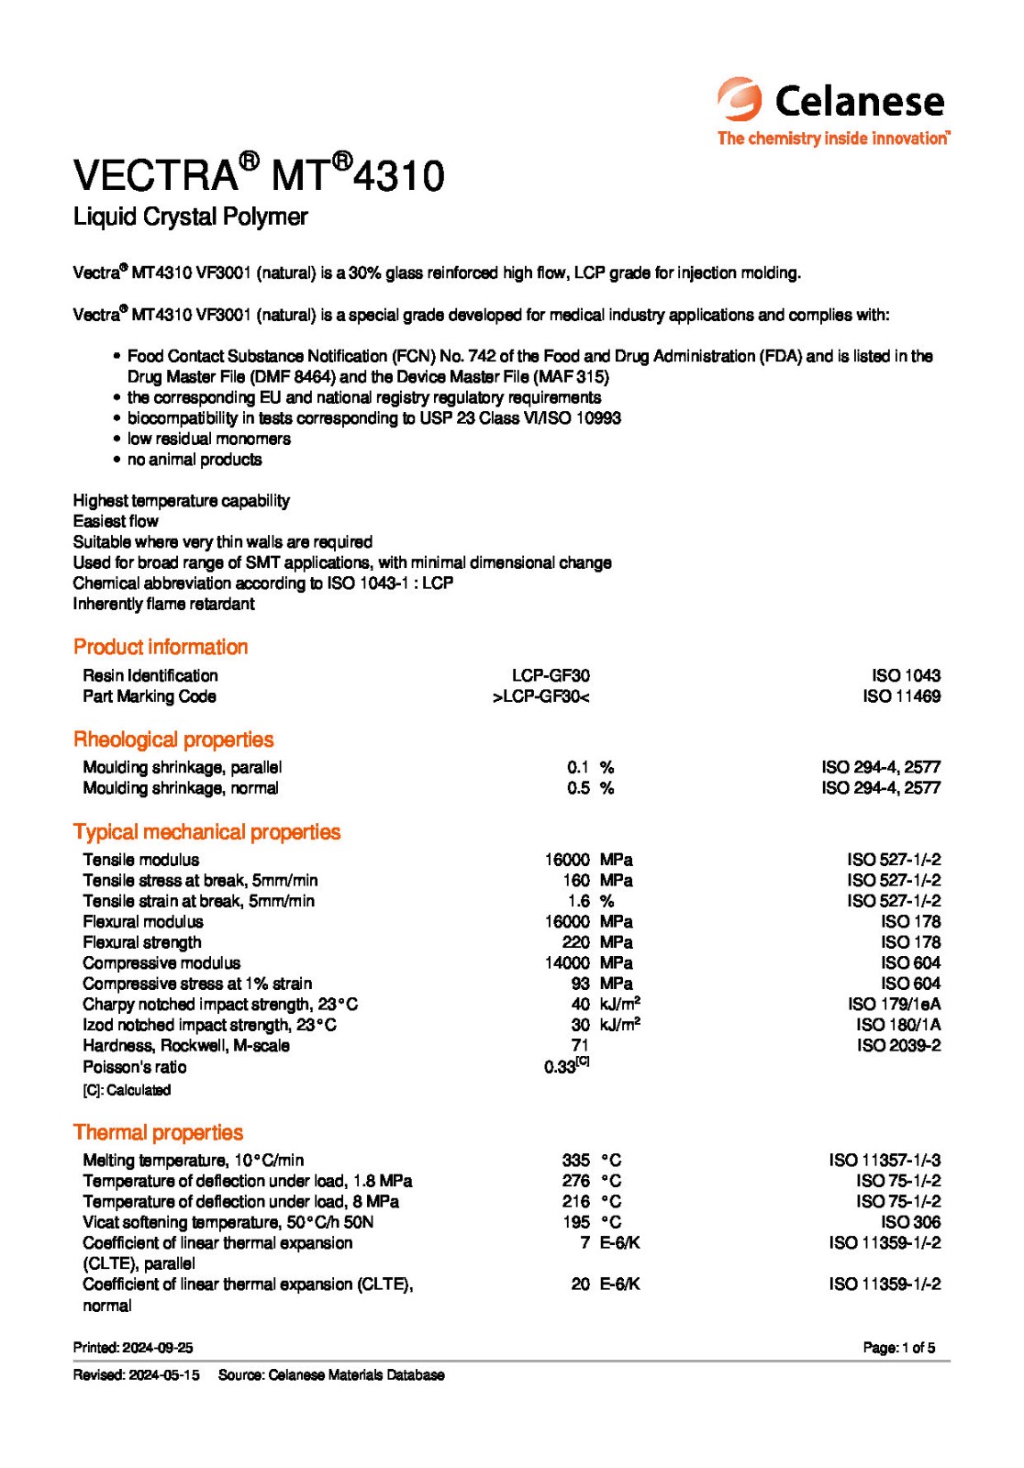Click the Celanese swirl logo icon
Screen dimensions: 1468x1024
tap(740, 99)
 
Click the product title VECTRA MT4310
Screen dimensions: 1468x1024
tap(259, 174)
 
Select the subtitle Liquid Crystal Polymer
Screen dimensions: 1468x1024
tap(190, 217)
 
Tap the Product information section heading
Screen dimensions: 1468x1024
tap(161, 647)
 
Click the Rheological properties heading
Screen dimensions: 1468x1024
tap(173, 740)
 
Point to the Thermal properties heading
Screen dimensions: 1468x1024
tap(158, 1132)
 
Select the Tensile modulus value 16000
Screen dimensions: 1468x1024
tap(567, 860)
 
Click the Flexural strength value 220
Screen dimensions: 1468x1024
tap(575, 942)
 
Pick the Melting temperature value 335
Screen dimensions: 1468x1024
tap(575, 1161)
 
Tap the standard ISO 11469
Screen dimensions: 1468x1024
tap(901, 696)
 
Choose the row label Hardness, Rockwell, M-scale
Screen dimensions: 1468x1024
tap(186, 1046)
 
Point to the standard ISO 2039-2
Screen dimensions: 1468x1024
tap(898, 1046)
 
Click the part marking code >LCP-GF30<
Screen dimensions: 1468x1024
tap(540, 696)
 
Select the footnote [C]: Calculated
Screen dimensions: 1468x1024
tap(127, 1090)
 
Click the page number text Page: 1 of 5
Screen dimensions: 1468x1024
tap(898, 1348)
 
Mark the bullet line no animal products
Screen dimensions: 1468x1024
tap(195, 460)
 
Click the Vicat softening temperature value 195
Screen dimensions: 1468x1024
tap(575, 1222)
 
